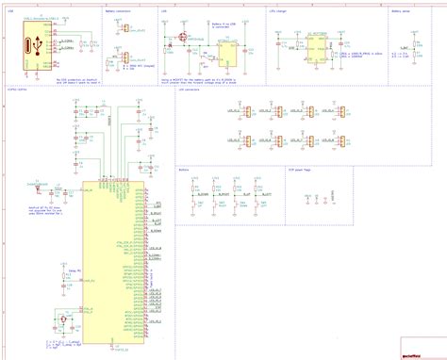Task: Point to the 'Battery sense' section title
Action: [x=375, y=13]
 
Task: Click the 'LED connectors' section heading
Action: [x=189, y=94]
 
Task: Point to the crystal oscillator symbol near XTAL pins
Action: [x=62, y=321]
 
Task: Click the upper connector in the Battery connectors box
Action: [x=124, y=29]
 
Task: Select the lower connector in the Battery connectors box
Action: [x=124, y=57]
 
